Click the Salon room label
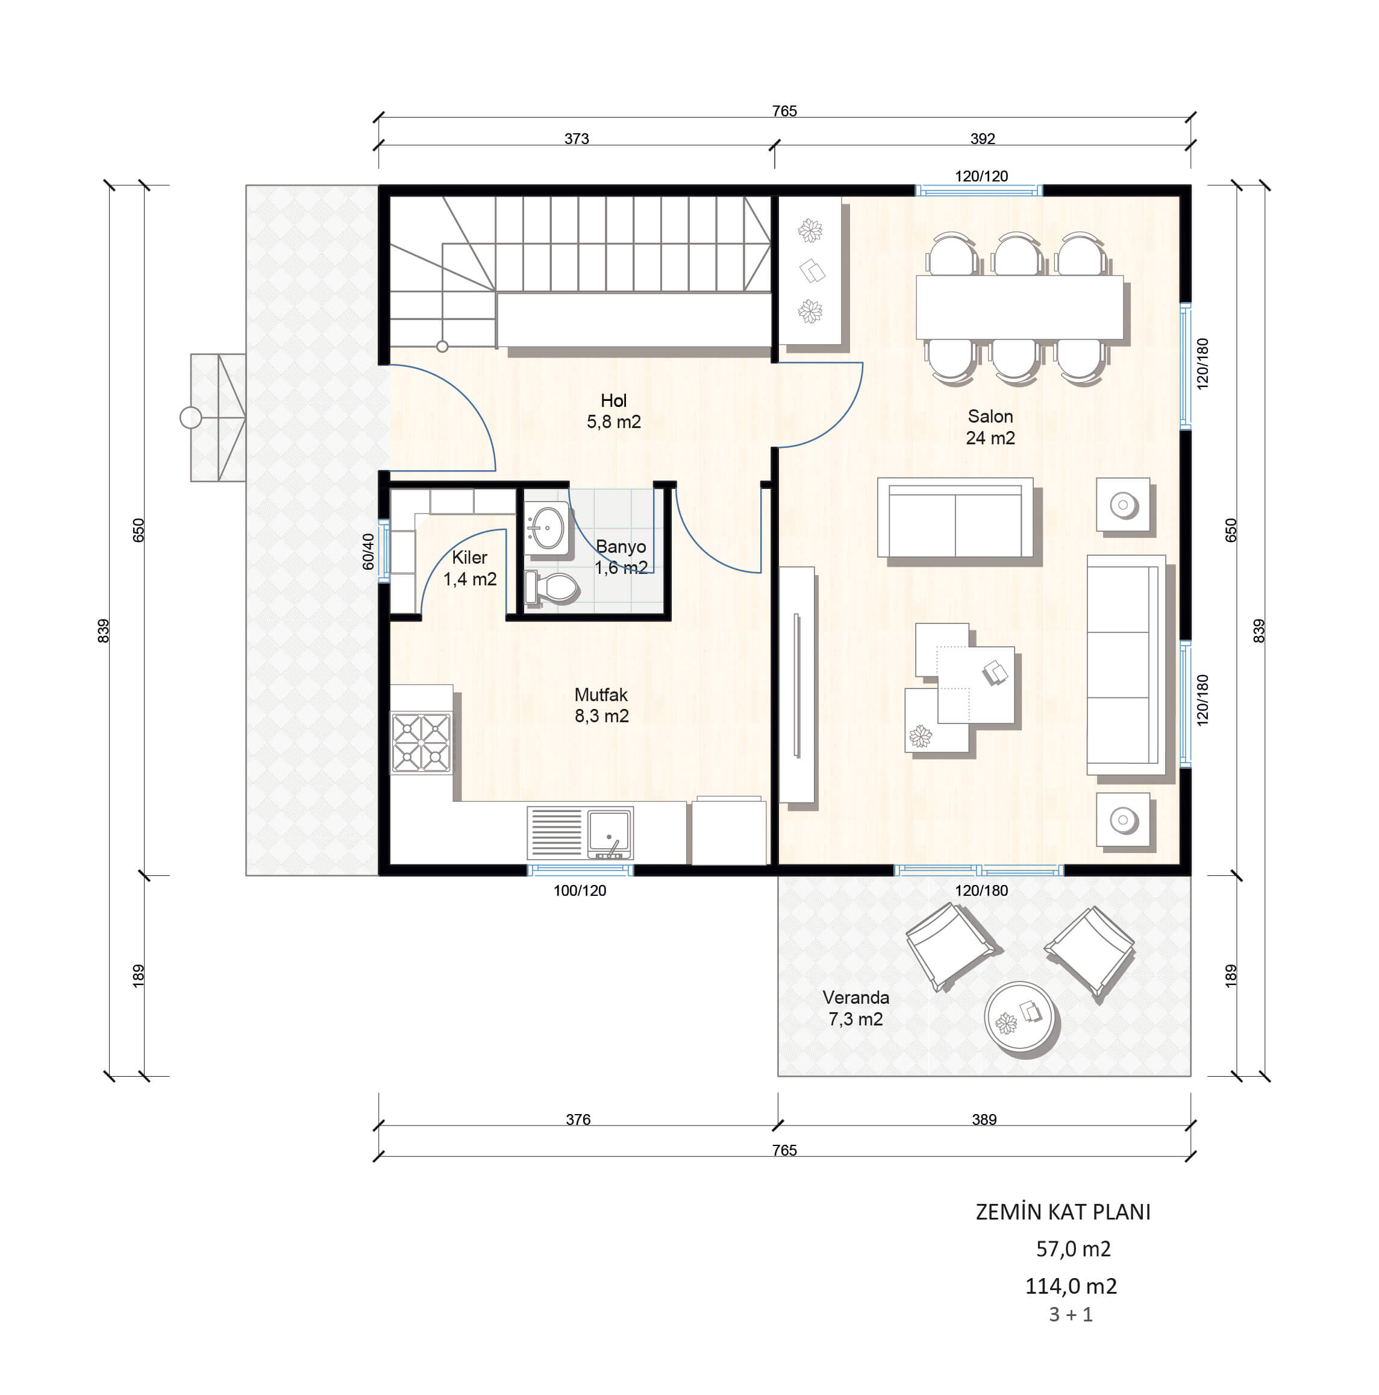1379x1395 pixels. pyautogui.click(x=989, y=417)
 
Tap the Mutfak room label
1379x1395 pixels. pyautogui.click(x=601, y=694)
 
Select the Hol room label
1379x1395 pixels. pyautogui.click(x=613, y=401)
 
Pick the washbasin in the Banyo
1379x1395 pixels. pyautogui.click(x=546, y=528)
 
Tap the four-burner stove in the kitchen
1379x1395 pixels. pyautogui.click(x=421, y=742)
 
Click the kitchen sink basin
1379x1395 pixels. pyautogui.click(x=609, y=832)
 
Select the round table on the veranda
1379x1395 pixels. pyautogui.click(x=1018, y=1016)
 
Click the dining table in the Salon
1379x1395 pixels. pyautogui.click(x=1019, y=307)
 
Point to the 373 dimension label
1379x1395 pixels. pyautogui.click(x=577, y=139)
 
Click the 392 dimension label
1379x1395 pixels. pyautogui.click(x=982, y=139)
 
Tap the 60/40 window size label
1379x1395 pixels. pyautogui.click(x=369, y=551)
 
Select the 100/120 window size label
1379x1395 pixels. pyautogui.click(x=580, y=890)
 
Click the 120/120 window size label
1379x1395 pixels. pyautogui.click(x=981, y=176)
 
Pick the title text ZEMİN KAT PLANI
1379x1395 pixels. pyautogui.click(x=1063, y=1212)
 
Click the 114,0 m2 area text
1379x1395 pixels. pyautogui.click(x=1071, y=1286)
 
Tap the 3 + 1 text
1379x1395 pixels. pyautogui.click(x=1071, y=1315)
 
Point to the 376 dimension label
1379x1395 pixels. pyautogui.click(x=578, y=1119)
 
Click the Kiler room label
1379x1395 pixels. pyautogui.click(x=469, y=558)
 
